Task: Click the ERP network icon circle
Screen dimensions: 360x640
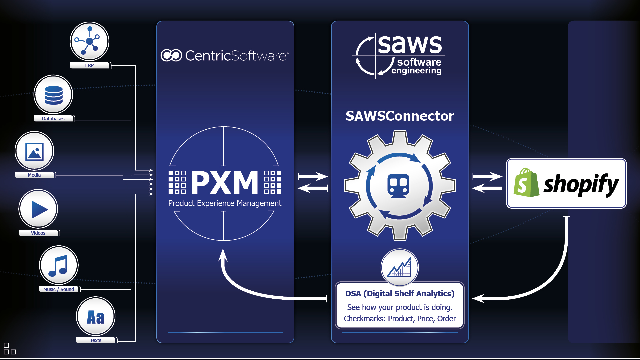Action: click(x=89, y=41)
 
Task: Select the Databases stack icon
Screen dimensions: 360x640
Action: click(x=53, y=95)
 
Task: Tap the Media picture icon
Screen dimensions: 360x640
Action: click(x=34, y=151)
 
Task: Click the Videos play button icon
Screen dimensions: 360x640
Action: click(x=38, y=209)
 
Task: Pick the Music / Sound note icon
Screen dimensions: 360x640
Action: click(x=59, y=265)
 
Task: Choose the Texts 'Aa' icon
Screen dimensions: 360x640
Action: click(x=96, y=316)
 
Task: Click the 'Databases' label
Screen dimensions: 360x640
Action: click(x=53, y=119)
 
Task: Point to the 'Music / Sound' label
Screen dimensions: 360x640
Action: click(x=59, y=289)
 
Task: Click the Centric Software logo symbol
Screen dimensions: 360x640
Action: click(x=171, y=55)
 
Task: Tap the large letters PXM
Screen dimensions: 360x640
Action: click(x=225, y=182)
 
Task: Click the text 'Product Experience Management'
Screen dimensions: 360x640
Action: click(x=225, y=203)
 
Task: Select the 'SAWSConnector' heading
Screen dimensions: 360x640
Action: click(x=400, y=116)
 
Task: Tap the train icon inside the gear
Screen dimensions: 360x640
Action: click(x=398, y=186)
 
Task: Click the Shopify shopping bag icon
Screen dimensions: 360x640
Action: click(x=526, y=183)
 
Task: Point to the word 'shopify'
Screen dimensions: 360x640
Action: click(x=581, y=184)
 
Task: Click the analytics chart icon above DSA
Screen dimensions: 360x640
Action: click(x=399, y=268)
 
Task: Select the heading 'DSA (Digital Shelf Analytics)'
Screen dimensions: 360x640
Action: click(x=400, y=294)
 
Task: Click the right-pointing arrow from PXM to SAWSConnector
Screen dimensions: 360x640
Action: click(x=313, y=176)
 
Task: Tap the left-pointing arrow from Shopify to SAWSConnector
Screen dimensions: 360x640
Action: click(x=487, y=188)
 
